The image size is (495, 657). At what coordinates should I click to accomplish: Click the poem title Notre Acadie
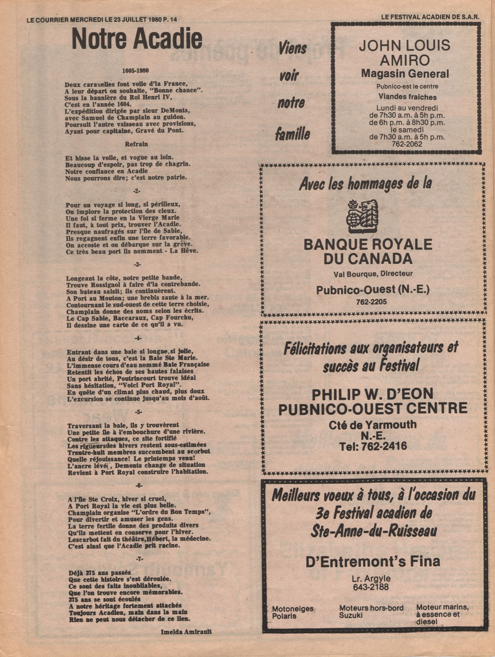[x=137, y=39]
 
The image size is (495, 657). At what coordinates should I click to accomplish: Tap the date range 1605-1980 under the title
[x=136, y=71]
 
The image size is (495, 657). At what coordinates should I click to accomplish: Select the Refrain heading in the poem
[x=136, y=144]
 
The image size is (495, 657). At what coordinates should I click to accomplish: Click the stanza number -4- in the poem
[x=138, y=338]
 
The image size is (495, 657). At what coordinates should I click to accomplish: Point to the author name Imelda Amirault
[x=186, y=632]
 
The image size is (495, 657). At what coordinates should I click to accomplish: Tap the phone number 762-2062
[x=407, y=144]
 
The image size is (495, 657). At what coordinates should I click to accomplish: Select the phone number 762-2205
[x=371, y=302]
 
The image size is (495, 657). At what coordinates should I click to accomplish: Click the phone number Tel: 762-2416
[x=373, y=447]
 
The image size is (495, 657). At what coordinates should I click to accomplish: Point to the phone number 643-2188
[x=371, y=587]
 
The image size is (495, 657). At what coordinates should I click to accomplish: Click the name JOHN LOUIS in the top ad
[x=404, y=46]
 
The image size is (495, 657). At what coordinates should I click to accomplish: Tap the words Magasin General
[x=405, y=74]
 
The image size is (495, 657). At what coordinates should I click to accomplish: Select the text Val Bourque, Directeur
[x=373, y=274]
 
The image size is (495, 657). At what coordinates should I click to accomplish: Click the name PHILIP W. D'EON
[x=372, y=394]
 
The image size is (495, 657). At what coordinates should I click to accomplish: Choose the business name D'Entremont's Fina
[x=372, y=561]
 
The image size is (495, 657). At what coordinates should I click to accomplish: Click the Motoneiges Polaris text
[x=293, y=612]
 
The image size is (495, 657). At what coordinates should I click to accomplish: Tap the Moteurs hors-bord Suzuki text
[x=371, y=611]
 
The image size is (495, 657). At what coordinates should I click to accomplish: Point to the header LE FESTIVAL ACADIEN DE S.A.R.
[x=430, y=17]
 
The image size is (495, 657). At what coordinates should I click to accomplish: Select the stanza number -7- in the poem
[x=139, y=559]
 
